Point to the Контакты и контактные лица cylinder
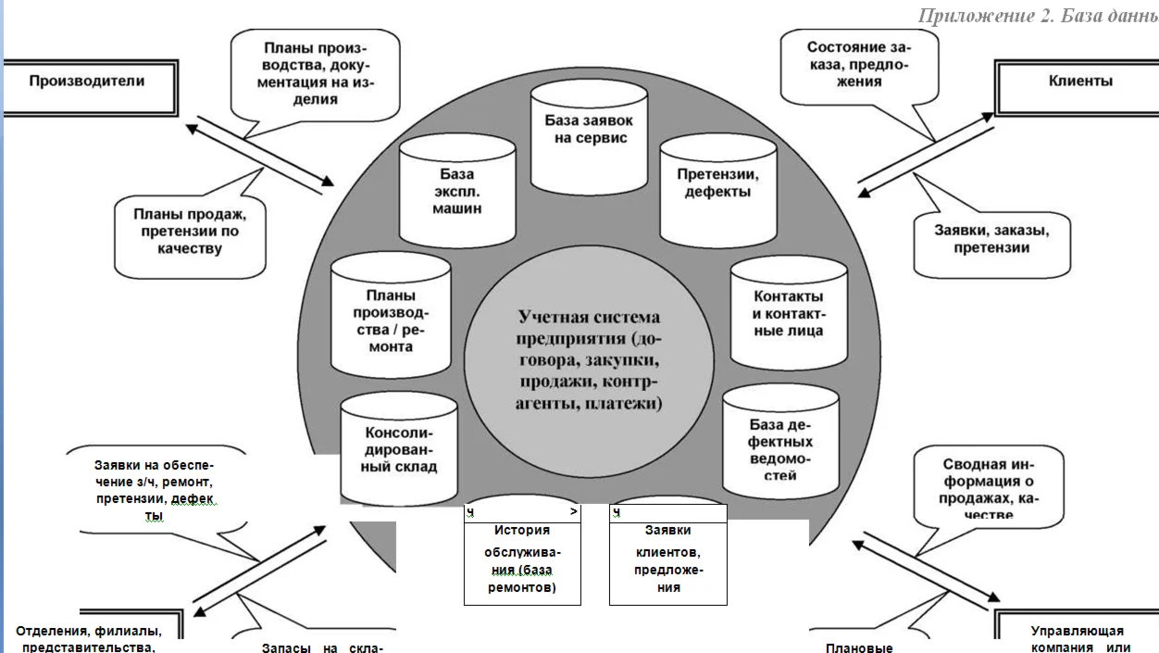click(788, 313)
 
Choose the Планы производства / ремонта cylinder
click(390, 315)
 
